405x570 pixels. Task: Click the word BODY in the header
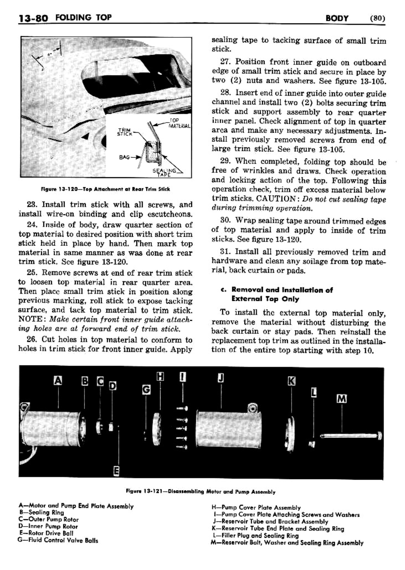337,18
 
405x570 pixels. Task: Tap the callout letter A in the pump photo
58,380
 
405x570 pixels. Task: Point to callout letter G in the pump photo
146,390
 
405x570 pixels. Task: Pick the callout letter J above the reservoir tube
221,378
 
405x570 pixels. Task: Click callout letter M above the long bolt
341,399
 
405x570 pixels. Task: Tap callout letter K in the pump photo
292,381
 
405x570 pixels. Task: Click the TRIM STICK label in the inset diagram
125,132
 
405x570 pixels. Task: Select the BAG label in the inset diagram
124,157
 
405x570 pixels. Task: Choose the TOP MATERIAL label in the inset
179,123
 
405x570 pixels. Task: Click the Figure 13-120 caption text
105,189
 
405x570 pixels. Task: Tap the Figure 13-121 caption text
200,492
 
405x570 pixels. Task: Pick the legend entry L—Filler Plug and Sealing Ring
255,535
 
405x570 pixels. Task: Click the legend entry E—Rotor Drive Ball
46,533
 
